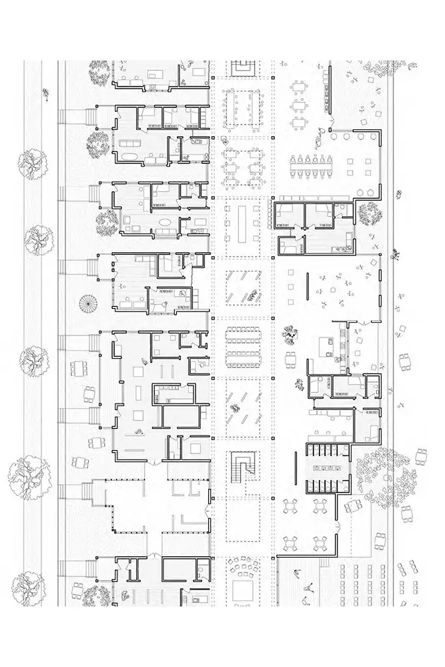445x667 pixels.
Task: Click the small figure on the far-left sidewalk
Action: pyautogui.click(x=46, y=93)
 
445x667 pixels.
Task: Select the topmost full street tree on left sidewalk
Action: pyautogui.click(x=31, y=162)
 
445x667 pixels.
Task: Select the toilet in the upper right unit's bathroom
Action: pyautogui.click(x=342, y=208)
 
